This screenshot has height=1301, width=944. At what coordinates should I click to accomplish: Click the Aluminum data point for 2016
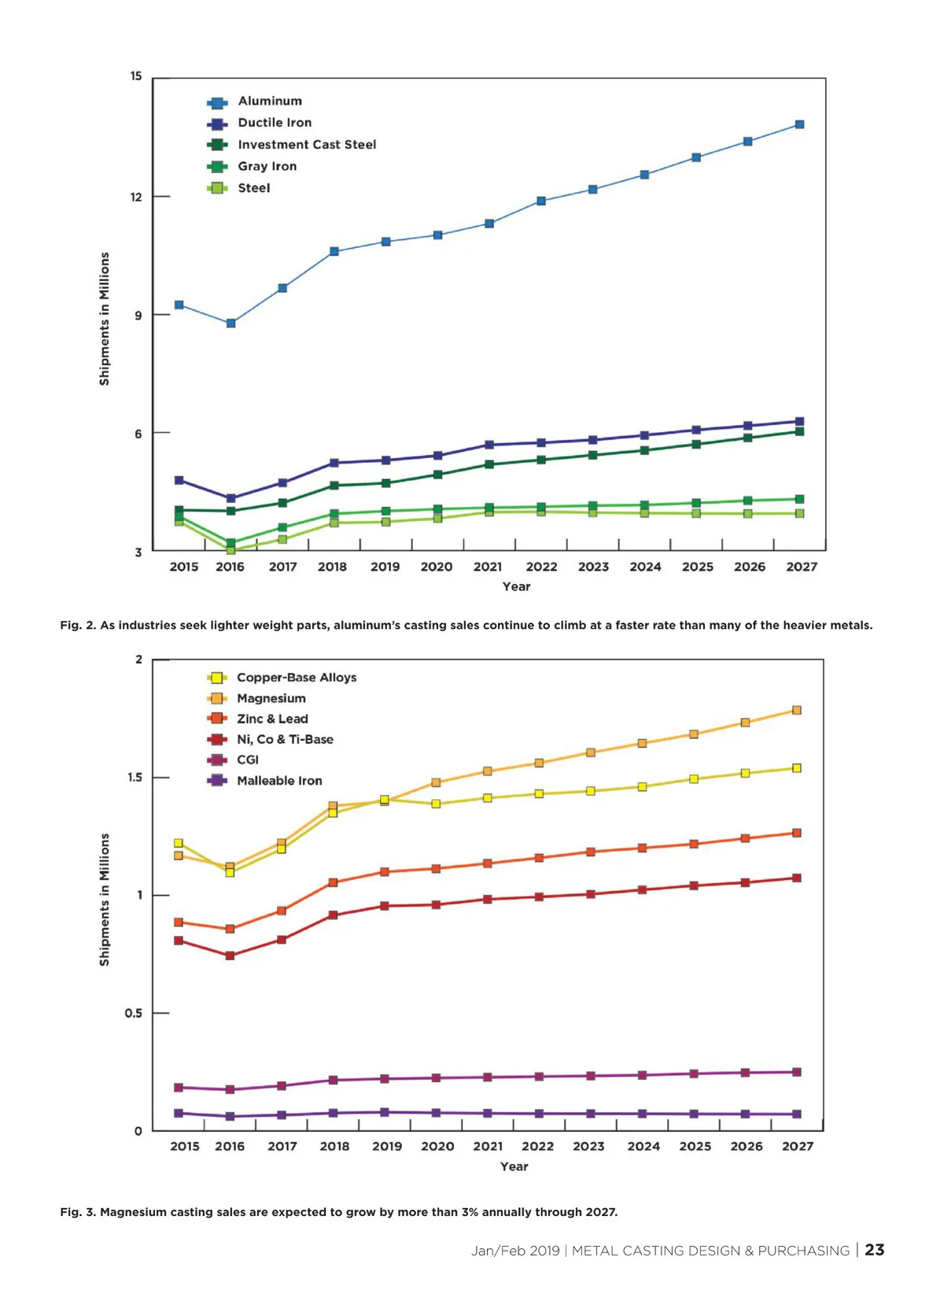coord(230,323)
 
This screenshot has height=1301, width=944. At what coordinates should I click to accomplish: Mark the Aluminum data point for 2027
coord(799,124)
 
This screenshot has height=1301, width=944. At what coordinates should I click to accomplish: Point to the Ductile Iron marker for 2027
coord(799,422)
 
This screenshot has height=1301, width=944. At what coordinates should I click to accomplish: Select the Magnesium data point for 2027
coord(797,710)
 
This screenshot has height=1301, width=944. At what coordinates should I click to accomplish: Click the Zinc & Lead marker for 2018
coord(333,882)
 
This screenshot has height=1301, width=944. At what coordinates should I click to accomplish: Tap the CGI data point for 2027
coord(797,1072)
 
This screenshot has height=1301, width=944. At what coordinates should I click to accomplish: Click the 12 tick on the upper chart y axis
coord(137,197)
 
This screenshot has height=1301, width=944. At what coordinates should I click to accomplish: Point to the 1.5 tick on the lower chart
coord(135,778)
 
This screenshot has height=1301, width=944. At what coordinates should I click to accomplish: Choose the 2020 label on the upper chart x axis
coord(437,567)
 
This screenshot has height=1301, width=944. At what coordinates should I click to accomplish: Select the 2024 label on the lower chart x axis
coord(643,1147)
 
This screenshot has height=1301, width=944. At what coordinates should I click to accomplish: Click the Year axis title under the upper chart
coord(516,586)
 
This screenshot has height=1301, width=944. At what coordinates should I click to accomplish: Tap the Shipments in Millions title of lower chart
coord(105,900)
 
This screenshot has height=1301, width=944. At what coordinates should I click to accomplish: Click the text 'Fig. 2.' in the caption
coord(78,626)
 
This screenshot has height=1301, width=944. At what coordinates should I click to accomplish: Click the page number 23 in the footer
coord(875,1250)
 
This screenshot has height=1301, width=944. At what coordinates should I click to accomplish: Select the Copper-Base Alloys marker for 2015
coord(179,843)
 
